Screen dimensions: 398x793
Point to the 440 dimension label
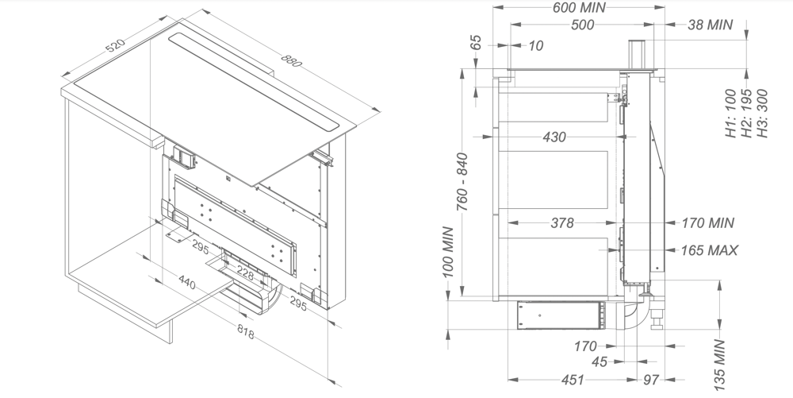click(x=187, y=281)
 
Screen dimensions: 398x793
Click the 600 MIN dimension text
click(x=579, y=7)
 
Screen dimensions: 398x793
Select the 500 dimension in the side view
click(x=582, y=25)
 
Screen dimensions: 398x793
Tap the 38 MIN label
click(x=711, y=25)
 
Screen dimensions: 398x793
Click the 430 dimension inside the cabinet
click(x=554, y=137)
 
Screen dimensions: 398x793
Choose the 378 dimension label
click(x=561, y=223)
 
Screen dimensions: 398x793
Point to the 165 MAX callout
click(x=710, y=251)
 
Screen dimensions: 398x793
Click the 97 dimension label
click(x=650, y=381)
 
